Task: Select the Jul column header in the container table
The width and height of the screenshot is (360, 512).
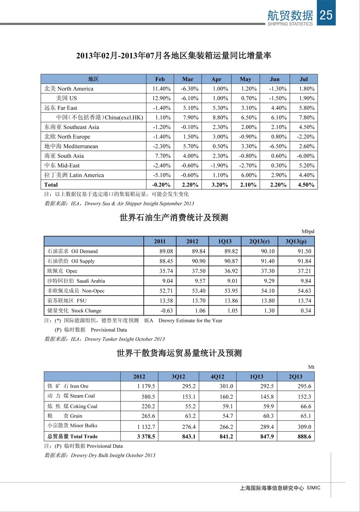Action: point(304,79)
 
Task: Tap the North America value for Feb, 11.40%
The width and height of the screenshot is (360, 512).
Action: point(161,89)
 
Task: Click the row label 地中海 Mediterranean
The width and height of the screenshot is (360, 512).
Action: point(71,146)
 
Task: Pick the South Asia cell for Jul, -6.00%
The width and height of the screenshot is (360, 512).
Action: point(306,156)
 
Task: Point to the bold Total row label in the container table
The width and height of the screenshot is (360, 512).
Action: point(51,185)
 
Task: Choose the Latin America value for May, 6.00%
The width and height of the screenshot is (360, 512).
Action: point(249,175)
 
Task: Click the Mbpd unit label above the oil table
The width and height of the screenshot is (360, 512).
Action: point(308,232)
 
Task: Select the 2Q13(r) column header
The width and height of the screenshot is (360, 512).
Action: point(259,241)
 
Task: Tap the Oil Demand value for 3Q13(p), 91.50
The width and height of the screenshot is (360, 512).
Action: point(304,251)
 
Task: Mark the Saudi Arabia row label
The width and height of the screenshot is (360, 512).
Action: point(76,281)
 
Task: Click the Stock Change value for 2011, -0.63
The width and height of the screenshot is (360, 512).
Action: point(166,311)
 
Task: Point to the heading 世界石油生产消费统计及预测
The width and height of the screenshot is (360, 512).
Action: point(174,217)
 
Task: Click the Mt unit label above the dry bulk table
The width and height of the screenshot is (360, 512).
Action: point(311,367)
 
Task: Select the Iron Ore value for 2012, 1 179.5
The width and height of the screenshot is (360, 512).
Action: point(146,386)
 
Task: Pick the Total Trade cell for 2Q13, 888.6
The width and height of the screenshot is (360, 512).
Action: point(304,437)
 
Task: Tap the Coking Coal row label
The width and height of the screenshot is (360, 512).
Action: point(72,406)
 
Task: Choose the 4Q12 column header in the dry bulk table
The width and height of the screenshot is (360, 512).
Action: point(217,377)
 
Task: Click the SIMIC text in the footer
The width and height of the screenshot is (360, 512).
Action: point(313,488)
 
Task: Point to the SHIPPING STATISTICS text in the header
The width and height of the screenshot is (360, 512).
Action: point(290,24)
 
